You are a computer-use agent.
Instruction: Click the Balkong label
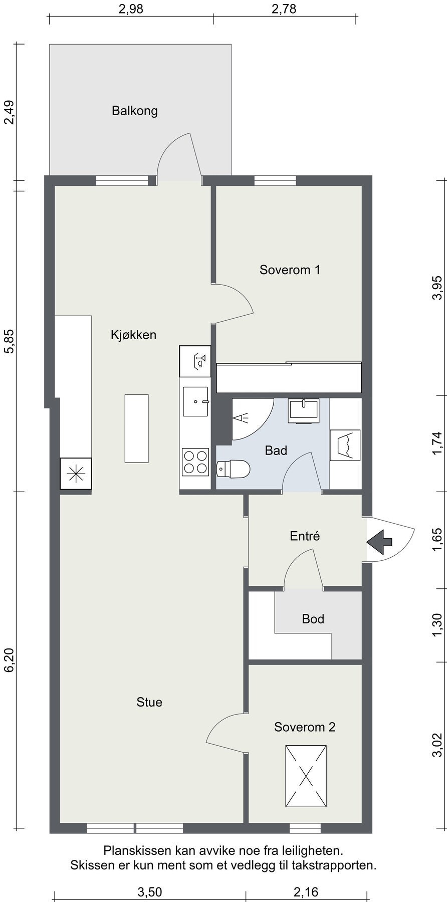(x=135, y=111)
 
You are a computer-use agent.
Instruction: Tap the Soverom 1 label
(x=290, y=270)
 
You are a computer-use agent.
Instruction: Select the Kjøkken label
(x=133, y=335)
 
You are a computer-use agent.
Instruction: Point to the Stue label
(x=149, y=702)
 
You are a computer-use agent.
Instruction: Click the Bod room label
(x=313, y=619)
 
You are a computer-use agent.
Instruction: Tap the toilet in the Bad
(x=233, y=469)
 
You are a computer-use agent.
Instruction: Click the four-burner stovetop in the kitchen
(x=195, y=462)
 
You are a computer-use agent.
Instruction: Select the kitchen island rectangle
(x=137, y=428)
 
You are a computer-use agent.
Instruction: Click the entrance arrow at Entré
(x=380, y=542)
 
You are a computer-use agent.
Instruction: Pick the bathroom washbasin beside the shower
(x=303, y=411)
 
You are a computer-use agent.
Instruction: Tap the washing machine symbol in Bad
(x=345, y=445)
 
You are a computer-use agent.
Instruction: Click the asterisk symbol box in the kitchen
(x=76, y=474)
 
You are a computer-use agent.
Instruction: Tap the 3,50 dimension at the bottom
(x=149, y=892)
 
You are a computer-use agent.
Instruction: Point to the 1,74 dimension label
(x=438, y=443)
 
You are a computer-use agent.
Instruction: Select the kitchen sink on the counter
(x=195, y=401)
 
